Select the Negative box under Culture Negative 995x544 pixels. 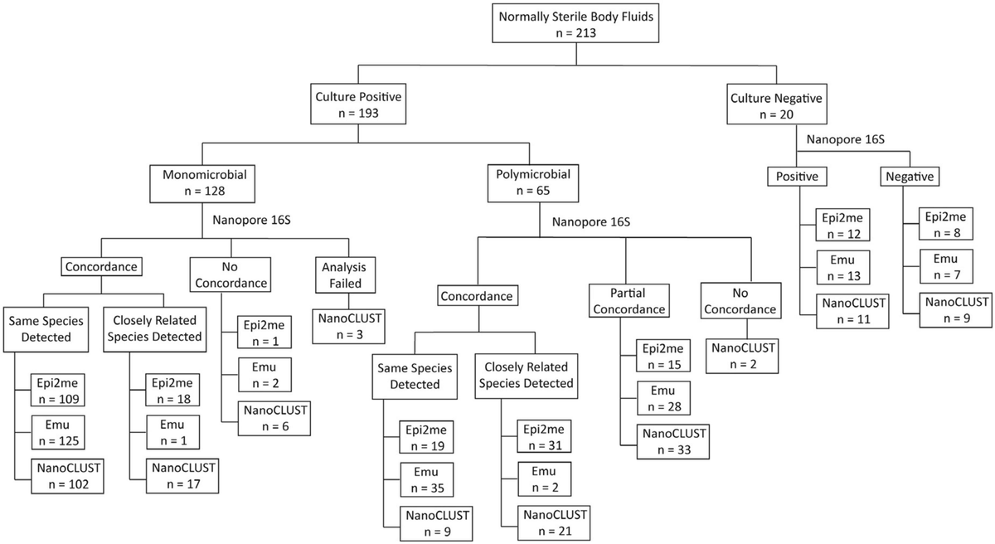click(x=909, y=177)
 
